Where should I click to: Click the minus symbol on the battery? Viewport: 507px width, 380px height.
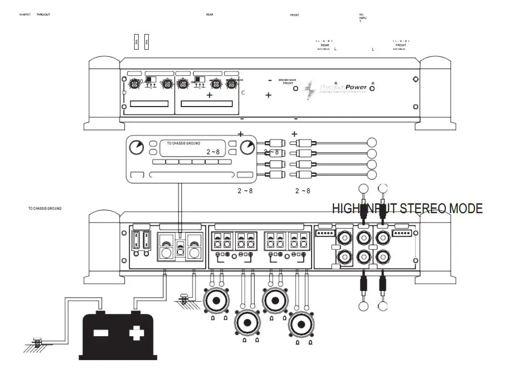click(x=101, y=334)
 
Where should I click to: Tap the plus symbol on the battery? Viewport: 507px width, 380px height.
click(x=137, y=334)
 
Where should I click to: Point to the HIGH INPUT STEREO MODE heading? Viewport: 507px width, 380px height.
click(x=407, y=209)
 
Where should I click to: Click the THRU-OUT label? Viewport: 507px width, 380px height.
click(x=43, y=15)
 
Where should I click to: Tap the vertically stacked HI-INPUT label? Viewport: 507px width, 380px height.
click(x=362, y=18)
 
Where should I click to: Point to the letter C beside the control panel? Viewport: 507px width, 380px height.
click(x=243, y=91)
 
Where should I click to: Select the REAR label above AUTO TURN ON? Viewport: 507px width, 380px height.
click(x=325, y=45)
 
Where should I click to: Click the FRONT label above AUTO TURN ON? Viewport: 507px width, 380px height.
click(x=401, y=45)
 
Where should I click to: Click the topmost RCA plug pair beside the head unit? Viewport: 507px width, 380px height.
click(x=290, y=143)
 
